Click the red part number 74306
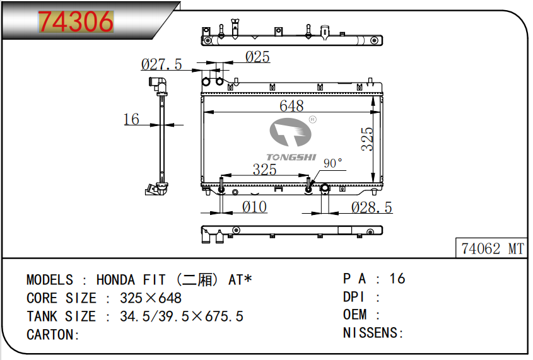pyautogui.click(x=76, y=21)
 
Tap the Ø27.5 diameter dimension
pyautogui.click(x=161, y=64)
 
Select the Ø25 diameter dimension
pyautogui.click(x=257, y=57)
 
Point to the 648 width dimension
pyautogui.click(x=291, y=106)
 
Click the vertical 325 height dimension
pyautogui.click(x=367, y=139)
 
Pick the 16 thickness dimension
pyautogui.click(x=131, y=119)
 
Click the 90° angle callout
pyautogui.click(x=333, y=163)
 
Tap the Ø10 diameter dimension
pyautogui.click(x=254, y=207)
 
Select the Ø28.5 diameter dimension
pyautogui.click(x=372, y=207)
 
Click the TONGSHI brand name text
pyautogui.click(x=291, y=157)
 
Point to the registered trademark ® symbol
pyautogui.click(x=313, y=120)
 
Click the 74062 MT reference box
pyautogui.click(x=491, y=248)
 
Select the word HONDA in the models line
pyautogui.click(x=115, y=280)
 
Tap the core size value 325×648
pyautogui.click(x=151, y=298)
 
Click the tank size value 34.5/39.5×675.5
pyautogui.click(x=182, y=316)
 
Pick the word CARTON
pyautogui.click(x=50, y=335)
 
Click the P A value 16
pyautogui.click(x=397, y=279)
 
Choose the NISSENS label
pyautogui.click(x=370, y=333)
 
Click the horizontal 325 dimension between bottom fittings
pyautogui.click(x=264, y=169)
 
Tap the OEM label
pyautogui.click(x=355, y=315)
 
